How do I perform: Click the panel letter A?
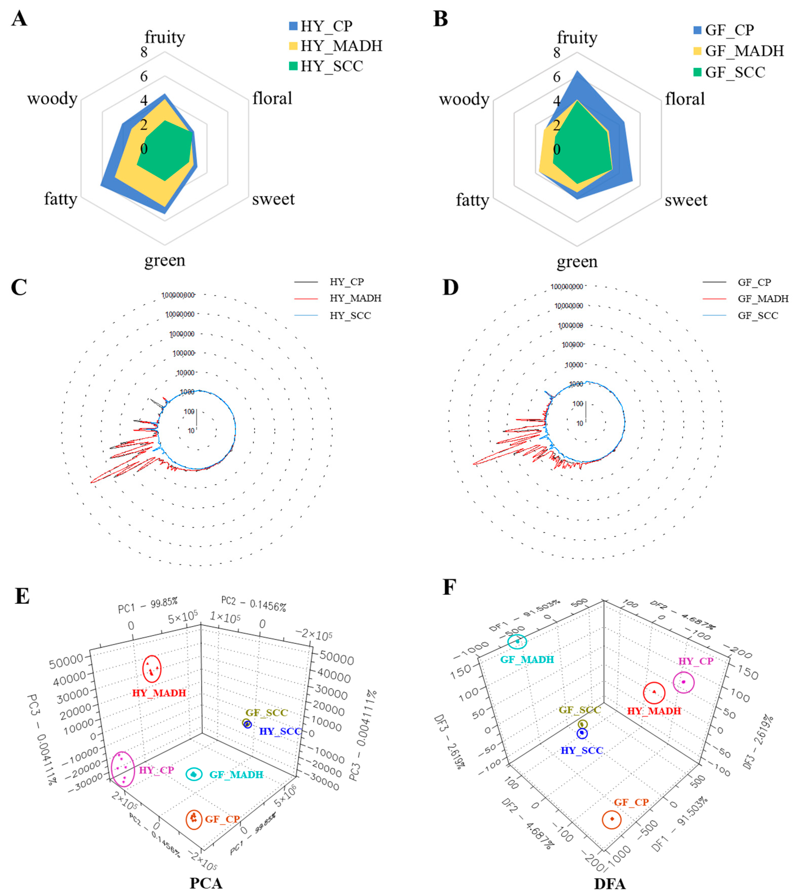coord(19,19)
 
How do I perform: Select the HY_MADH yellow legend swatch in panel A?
coord(293,45)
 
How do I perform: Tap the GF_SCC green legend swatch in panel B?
coord(698,72)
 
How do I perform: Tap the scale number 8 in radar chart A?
coord(144,53)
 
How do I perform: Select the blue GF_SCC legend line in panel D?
coord(714,316)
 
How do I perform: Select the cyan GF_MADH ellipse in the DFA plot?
coord(517,642)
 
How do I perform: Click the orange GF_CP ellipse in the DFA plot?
coord(611,819)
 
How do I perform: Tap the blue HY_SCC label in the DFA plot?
coord(582,750)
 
